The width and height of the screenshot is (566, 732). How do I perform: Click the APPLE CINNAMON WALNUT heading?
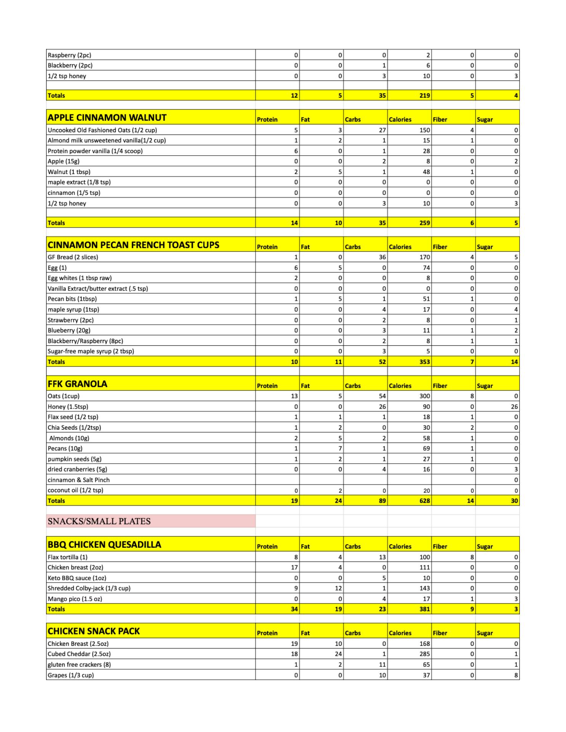[107, 118]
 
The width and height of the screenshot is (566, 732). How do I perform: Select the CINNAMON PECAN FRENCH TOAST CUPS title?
[133, 245]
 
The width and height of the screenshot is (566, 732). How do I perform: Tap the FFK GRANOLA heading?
[77, 384]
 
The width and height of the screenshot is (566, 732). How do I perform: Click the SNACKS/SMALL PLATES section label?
[99, 521]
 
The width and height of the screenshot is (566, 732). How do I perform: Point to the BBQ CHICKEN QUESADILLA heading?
[105, 545]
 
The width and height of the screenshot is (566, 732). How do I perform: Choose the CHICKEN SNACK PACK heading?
[94, 631]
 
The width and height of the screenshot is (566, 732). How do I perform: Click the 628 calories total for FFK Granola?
[424, 501]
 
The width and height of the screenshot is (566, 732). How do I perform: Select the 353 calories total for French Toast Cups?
[424, 362]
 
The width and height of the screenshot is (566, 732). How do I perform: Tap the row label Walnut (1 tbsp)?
[69, 172]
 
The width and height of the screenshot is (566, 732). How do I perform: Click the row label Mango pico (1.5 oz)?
[75, 599]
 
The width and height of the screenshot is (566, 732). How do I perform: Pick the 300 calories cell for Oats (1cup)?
[424, 396]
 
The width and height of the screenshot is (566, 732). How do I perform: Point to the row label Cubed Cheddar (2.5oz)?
[79, 654]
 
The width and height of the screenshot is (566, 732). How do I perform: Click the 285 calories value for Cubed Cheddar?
[424, 654]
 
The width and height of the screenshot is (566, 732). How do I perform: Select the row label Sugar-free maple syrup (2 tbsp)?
[91, 351]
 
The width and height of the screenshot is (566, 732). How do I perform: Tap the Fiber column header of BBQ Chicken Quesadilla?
[440, 546]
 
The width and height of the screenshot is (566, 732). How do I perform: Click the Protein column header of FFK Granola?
[267, 386]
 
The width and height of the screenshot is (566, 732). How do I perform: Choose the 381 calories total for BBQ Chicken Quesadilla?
[424, 609]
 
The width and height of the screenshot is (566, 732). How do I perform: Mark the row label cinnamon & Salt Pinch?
[79, 480]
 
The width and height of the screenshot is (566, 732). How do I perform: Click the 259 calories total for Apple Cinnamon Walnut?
[424, 223]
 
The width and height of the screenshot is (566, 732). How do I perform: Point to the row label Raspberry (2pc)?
[69, 55]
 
